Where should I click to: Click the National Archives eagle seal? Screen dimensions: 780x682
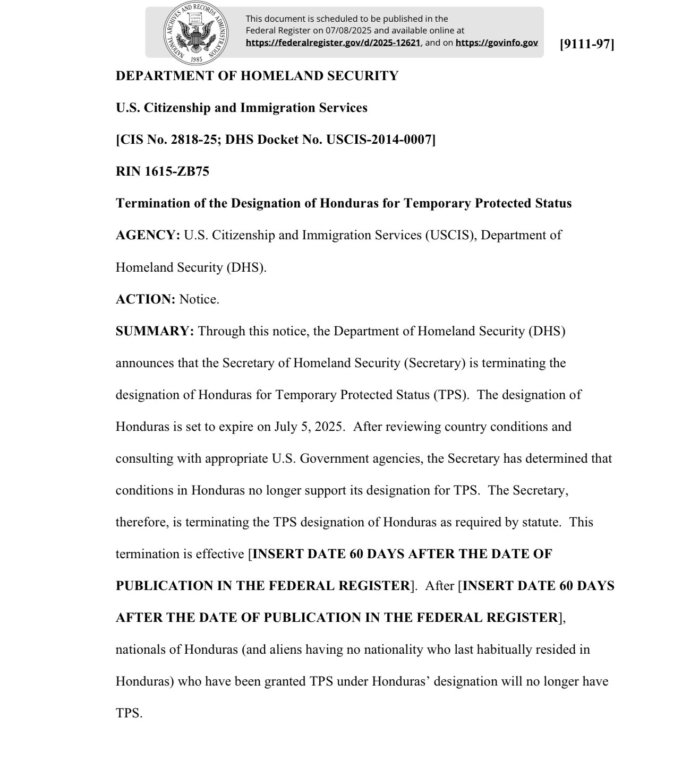[x=196, y=33]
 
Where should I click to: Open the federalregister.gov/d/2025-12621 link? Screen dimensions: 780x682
[x=333, y=42]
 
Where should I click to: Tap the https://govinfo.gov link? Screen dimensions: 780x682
[x=497, y=42]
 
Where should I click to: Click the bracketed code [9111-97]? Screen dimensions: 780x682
[x=587, y=44]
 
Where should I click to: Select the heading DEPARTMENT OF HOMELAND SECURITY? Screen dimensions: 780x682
[x=257, y=76]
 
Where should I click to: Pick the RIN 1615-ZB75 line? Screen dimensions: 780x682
[x=163, y=171]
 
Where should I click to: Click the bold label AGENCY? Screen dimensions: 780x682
[x=148, y=235]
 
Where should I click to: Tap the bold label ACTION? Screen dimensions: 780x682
[x=146, y=299]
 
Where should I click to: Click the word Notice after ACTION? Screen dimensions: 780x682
[x=199, y=299]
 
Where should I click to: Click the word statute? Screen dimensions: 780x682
[x=542, y=522]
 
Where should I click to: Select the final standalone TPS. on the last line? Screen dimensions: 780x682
[x=129, y=713]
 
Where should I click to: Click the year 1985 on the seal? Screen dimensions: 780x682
[x=196, y=59]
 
